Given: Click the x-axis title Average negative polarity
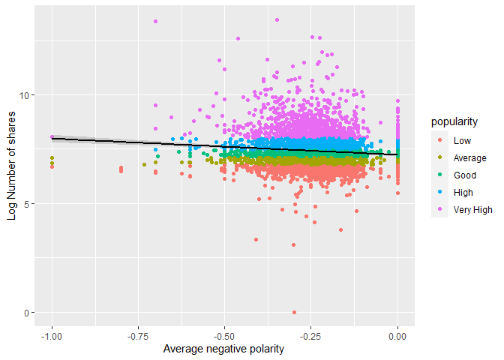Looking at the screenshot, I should (225, 349).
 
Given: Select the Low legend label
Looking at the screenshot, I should (462, 140).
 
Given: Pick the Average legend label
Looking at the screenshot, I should (469, 157).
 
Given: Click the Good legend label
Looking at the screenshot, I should (464, 175).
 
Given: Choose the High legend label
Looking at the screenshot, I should (463, 192).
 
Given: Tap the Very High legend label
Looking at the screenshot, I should (473, 209).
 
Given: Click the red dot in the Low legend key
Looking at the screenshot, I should (438, 140).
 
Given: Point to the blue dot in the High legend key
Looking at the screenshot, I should (438, 192).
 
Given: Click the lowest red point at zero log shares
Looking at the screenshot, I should (294, 312).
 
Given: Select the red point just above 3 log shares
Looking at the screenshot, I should (293, 244).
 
